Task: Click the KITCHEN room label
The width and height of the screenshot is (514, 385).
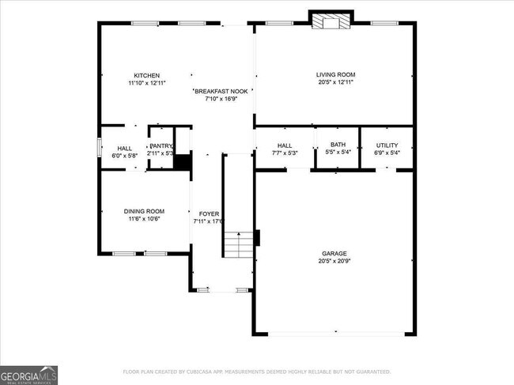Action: coord(146,75)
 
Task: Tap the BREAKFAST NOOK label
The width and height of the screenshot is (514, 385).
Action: coord(222,91)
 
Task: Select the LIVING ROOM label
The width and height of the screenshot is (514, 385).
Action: coord(335,74)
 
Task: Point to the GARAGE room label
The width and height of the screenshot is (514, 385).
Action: coord(334,253)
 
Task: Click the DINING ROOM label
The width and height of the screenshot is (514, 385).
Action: coord(144,211)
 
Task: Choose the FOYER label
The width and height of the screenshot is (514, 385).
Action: coord(209,214)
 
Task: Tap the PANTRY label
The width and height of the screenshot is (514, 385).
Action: coord(161,145)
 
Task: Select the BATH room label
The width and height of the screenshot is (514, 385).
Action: coord(338,145)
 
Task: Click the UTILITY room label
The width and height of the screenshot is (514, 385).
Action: coord(387,145)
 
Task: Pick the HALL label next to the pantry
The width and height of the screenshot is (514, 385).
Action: coord(125,148)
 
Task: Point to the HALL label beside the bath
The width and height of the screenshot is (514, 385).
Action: coord(285,145)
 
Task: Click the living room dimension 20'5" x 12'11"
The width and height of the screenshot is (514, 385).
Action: coord(335,82)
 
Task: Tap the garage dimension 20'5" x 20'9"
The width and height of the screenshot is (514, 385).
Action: coord(334,261)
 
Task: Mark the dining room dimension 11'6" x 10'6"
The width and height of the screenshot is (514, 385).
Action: coord(144,219)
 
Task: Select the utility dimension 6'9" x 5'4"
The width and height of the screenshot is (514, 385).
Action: coord(387,153)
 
